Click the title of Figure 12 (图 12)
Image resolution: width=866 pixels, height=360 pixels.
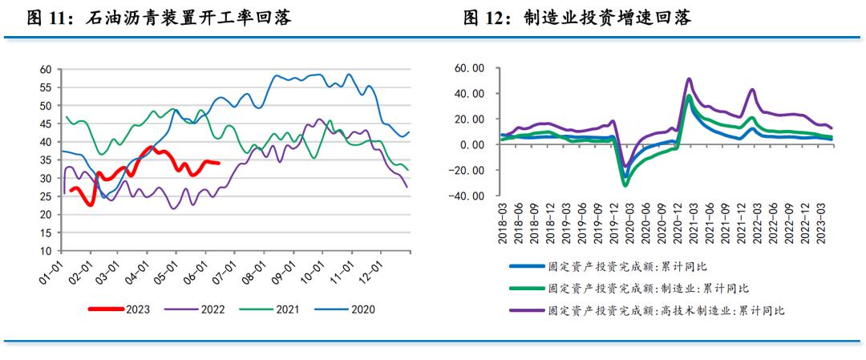(577, 18)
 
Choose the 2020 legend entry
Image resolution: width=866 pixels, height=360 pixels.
(351, 309)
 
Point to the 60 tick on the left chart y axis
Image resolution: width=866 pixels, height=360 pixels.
(47, 69)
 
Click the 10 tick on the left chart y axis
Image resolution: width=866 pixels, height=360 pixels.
(47, 250)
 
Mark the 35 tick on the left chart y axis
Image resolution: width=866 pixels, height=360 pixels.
(47, 160)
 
